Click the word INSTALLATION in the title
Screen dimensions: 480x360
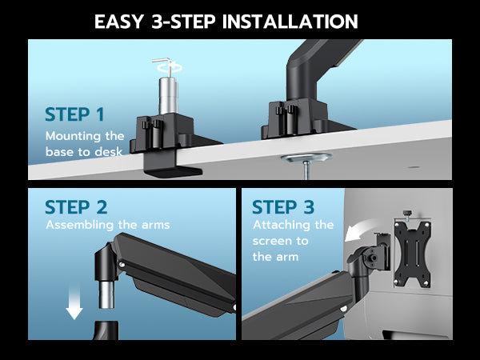[x=290, y=22]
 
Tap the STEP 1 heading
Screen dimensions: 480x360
[x=74, y=114]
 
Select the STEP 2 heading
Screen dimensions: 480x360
[x=76, y=207]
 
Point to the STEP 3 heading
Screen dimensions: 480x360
[x=283, y=207]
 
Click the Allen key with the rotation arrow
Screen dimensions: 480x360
[x=168, y=67]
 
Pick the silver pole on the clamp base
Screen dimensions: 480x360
[x=168, y=95]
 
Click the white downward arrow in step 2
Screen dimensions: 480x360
[x=74, y=303]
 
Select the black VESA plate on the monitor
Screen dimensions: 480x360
[x=412, y=254]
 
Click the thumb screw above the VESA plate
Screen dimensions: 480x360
[x=407, y=214]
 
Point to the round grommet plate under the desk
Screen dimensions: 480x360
[x=306, y=158]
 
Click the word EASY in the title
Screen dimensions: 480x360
[x=118, y=22]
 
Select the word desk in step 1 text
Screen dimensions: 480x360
[x=109, y=151]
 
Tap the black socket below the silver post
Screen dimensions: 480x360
[x=106, y=330]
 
